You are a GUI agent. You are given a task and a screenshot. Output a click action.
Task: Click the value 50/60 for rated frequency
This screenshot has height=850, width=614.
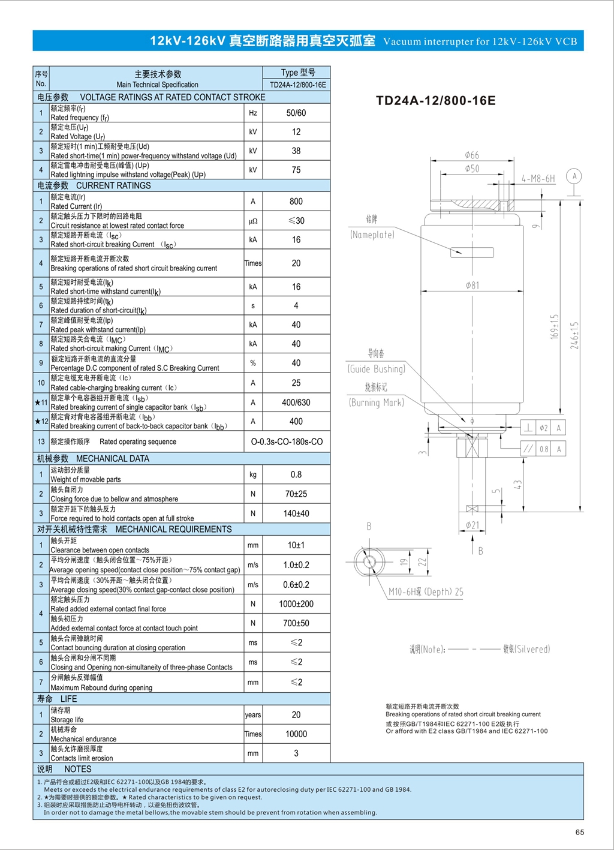[296, 113]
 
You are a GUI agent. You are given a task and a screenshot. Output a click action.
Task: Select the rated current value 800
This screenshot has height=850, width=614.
[296, 202]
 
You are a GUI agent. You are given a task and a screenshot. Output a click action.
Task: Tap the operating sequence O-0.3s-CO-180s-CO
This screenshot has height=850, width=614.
[287, 441]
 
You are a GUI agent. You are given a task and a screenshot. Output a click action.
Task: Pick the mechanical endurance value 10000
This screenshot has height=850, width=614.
[296, 734]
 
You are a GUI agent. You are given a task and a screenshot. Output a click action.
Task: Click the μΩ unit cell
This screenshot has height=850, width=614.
[253, 221]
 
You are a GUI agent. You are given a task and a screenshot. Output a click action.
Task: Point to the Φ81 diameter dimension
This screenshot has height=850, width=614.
[472, 286]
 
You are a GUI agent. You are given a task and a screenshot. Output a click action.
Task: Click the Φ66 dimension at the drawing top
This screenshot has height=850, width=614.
[472, 155]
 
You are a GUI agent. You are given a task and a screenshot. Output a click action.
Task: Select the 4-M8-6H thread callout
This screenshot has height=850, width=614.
[538, 179]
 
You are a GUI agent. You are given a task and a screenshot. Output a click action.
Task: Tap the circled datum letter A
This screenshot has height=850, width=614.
[574, 176]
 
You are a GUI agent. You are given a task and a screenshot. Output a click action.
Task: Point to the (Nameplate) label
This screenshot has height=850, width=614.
[372, 235]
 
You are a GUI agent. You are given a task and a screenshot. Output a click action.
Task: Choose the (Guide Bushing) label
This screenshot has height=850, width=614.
[376, 369]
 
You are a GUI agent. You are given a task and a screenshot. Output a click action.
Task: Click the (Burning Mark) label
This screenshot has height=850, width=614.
[376, 403]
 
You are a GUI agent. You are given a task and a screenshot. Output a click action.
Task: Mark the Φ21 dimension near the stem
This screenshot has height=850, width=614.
[472, 525]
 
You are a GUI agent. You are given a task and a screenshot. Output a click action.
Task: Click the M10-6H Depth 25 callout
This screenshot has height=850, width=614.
[426, 592]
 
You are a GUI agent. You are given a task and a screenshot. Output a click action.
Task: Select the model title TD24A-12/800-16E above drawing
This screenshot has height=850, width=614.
[435, 101]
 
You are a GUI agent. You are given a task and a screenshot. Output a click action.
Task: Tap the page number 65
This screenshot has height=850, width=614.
[579, 832]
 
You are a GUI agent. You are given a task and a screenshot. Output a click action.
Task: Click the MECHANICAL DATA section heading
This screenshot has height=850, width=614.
[113, 459]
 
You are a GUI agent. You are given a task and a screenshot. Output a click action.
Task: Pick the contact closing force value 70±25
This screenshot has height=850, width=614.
[296, 494]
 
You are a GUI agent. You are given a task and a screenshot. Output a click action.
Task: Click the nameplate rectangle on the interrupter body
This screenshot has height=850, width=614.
[472, 253]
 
